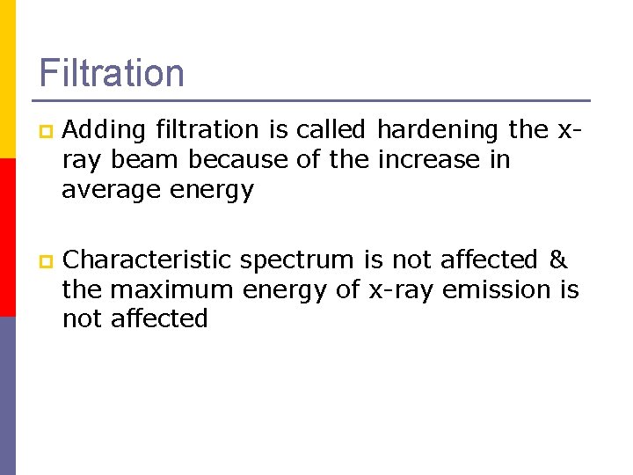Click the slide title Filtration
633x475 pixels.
tap(112, 73)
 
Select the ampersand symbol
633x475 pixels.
tap(558, 260)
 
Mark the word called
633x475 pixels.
tap(331, 130)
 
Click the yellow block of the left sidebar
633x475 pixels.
tap(8, 79)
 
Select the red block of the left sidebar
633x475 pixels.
tap(8, 237)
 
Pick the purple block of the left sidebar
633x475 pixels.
tap(8, 396)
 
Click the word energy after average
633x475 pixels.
tap(214, 190)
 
